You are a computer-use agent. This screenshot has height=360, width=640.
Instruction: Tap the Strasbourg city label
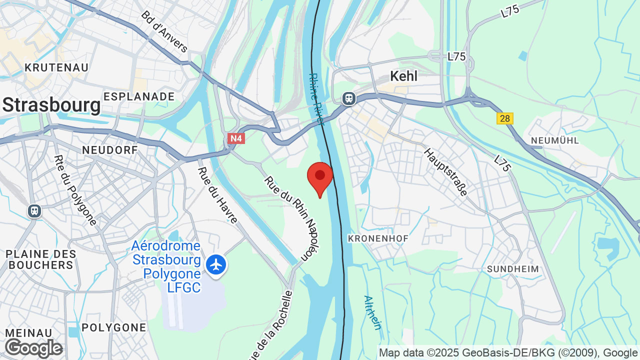click(51, 105)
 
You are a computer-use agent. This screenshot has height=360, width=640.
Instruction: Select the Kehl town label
click(403, 76)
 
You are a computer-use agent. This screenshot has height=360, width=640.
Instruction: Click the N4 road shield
click(236, 138)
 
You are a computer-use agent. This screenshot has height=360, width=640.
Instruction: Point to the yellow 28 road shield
click(504, 118)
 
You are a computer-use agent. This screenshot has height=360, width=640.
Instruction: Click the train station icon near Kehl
click(348, 98)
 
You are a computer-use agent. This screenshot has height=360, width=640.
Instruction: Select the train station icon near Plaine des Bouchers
click(34, 211)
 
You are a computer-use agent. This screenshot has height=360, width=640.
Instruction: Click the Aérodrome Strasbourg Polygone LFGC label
click(166, 266)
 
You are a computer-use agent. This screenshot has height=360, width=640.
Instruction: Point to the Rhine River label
click(316, 98)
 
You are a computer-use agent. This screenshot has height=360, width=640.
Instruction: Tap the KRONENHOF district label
click(378, 238)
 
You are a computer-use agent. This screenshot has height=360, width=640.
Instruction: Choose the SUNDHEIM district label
click(513, 269)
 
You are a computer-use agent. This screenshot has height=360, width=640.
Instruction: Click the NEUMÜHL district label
click(554, 140)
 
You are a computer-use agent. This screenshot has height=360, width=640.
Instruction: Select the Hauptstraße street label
click(445, 172)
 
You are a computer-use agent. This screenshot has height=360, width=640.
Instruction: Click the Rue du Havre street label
click(218, 195)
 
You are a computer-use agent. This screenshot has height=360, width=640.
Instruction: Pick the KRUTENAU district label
click(56, 67)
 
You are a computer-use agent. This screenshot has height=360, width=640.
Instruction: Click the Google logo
click(33, 348)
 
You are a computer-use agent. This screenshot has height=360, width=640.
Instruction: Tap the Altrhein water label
click(372, 312)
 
